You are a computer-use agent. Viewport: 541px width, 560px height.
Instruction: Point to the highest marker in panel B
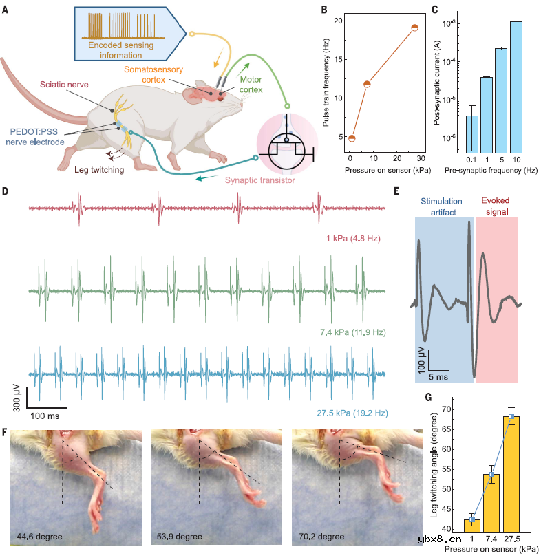(x=415, y=28)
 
